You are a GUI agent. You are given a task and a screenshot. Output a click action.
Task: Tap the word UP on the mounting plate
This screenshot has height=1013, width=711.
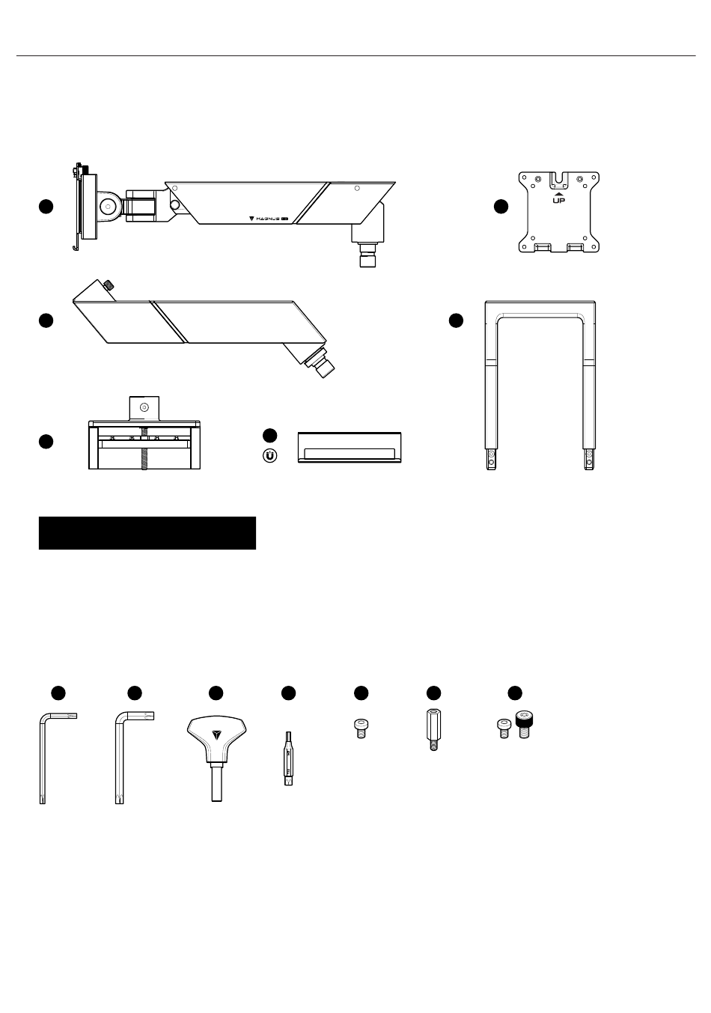point(558,201)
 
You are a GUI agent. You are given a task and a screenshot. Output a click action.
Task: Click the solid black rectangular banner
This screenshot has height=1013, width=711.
point(147,533)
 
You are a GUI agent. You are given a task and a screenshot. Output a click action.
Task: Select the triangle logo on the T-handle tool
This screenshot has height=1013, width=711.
point(216,734)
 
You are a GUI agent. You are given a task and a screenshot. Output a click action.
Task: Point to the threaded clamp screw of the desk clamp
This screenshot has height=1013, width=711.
point(144,455)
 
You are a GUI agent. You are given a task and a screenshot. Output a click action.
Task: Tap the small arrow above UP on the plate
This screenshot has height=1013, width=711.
point(558,192)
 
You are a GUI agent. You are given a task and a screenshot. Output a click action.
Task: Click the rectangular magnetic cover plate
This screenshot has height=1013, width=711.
point(350,448)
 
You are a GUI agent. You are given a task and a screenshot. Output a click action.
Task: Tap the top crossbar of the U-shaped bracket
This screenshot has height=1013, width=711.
point(540,308)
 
